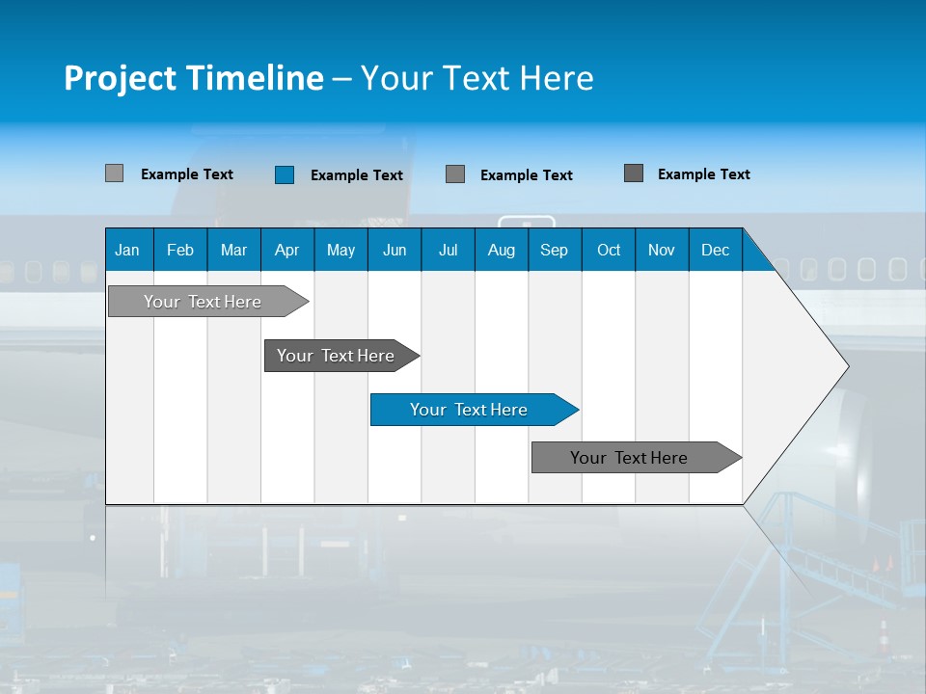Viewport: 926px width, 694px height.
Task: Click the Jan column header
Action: [x=127, y=250]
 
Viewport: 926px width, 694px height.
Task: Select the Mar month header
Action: [x=233, y=250]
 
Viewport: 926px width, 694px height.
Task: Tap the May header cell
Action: [x=340, y=250]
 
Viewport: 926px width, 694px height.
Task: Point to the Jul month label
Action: [x=448, y=250]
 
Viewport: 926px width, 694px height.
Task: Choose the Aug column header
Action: [x=501, y=250]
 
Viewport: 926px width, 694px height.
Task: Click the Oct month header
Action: [x=609, y=250]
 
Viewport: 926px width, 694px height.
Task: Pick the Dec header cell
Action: [x=715, y=250]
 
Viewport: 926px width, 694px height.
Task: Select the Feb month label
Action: [x=180, y=250]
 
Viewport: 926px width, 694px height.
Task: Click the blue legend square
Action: [x=285, y=174]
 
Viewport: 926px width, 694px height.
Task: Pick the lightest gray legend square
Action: [x=114, y=173]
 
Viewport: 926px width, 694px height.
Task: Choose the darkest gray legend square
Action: [x=634, y=173]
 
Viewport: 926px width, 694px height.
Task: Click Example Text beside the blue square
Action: [x=357, y=175]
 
